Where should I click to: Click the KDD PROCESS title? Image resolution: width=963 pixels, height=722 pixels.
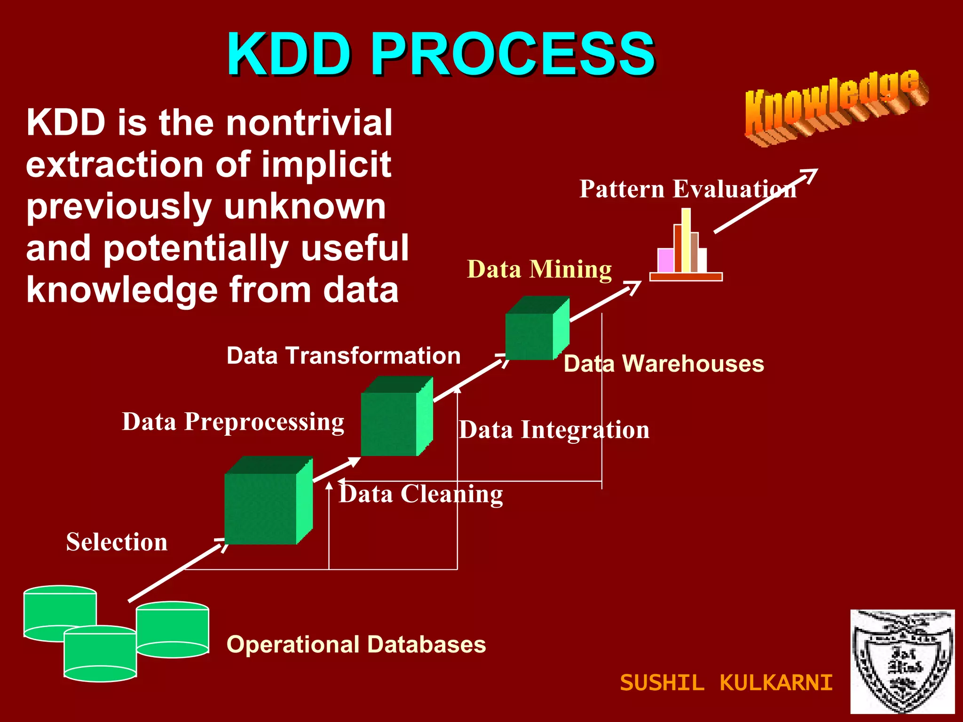click(441, 54)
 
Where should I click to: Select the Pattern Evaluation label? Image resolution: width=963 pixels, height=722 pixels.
click(687, 189)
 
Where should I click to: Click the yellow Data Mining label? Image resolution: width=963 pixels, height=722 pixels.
click(539, 270)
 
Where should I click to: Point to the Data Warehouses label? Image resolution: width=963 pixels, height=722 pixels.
click(663, 364)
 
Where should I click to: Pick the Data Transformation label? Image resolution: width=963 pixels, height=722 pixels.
click(343, 355)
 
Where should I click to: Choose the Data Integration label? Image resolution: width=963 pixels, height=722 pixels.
click(554, 430)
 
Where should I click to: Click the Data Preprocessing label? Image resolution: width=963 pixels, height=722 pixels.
click(233, 422)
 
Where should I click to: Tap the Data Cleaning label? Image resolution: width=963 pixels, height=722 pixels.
click(421, 494)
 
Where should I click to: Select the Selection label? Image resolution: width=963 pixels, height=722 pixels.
click(117, 542)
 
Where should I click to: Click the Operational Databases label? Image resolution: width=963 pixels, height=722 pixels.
click(356, 644)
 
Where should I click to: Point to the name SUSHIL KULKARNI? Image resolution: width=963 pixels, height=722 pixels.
click(726, 683)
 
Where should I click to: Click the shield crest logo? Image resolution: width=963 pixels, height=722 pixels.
click(902, 661)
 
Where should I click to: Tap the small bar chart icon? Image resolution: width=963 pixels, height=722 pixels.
click(686, 247)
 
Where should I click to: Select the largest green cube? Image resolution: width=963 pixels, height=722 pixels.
click(268, 501)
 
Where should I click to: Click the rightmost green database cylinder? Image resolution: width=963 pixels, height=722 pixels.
click(173, 630)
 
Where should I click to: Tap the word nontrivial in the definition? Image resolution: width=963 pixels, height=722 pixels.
click(309, 123)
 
